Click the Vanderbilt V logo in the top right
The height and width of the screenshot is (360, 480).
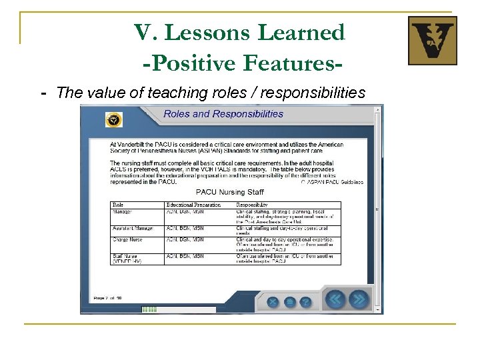pos(432,41)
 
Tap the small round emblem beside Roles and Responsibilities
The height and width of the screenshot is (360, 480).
pos(114,119)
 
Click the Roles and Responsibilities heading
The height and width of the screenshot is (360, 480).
pos(223,114)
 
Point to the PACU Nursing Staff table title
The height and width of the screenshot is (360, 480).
pos(226,192)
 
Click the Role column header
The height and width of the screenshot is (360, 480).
pos(118,204)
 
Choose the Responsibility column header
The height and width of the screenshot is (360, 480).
pos(252,204)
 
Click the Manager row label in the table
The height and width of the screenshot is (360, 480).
pos(123,211)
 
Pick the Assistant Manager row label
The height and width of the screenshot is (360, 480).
pos(133,228)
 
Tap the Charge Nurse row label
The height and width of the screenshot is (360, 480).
pos(128,239)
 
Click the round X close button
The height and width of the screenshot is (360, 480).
pos(273,301)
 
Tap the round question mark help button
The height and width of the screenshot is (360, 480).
pos(305,301)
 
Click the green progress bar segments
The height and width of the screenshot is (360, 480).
pos(149,309)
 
